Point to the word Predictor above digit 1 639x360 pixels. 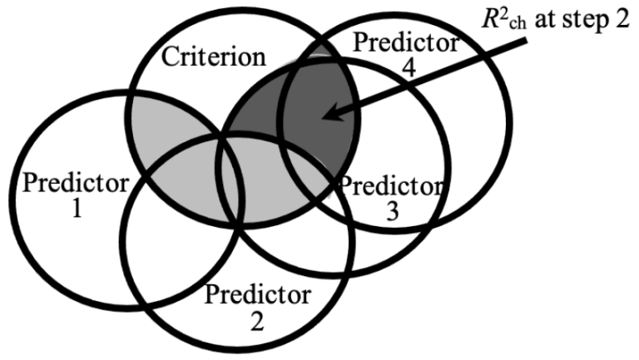pyautogui.click(x=66, y=182)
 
